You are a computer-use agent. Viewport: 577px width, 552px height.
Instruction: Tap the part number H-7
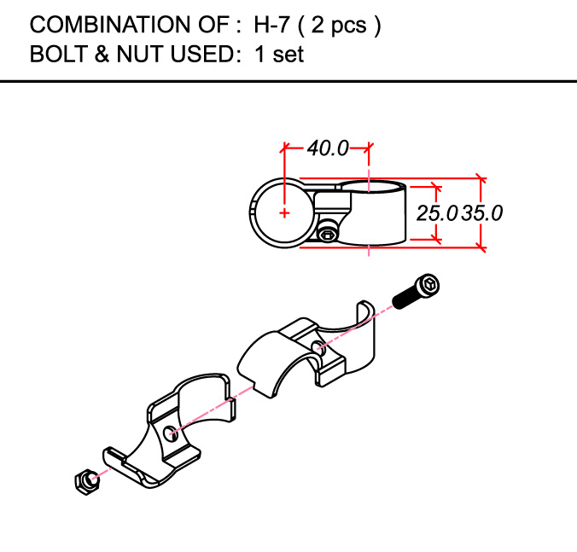(x=271, y=25)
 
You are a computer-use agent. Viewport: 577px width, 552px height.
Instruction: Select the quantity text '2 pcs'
(x=339, y=26)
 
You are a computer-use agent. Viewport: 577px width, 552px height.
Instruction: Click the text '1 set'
(x=279, y=54)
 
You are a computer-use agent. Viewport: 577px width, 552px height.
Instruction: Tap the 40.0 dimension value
(x=328, y=148)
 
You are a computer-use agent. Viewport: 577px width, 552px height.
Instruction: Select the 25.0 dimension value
(x=437, y=213)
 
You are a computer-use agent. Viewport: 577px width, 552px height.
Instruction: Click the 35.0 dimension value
(x=482, y=213)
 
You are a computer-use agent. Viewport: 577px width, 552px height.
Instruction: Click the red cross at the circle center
(x=284, y=213)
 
